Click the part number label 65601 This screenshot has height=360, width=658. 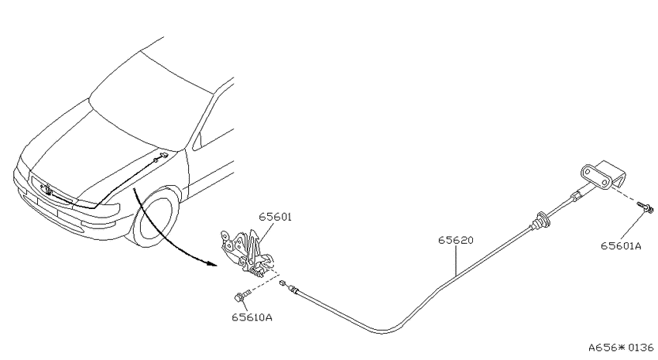(275, 217)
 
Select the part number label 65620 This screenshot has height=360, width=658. (456, 240)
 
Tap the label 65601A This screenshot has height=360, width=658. (621, 246)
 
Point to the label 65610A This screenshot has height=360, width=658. (252, 317)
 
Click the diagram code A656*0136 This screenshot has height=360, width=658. (621, 348)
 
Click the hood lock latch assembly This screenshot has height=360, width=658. (246, 253)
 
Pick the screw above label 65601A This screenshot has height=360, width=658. (646, 206)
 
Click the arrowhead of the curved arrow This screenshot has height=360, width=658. (211, 264)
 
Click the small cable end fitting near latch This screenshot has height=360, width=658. (283, 283)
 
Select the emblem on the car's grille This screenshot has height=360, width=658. (47, 190)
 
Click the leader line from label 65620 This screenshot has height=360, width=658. (456, 260)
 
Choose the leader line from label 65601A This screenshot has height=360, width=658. (631, 225)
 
